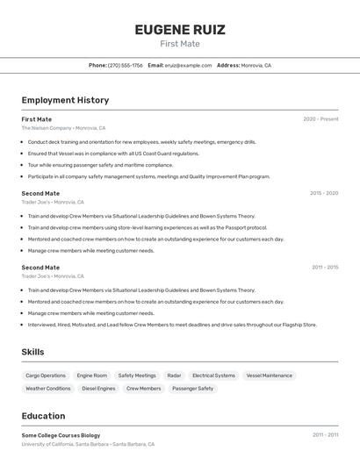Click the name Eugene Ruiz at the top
[x=180, y=30]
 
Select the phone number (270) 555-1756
[x=125, y=65]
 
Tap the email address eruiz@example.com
[x=188, y=65]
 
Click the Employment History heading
[x=65, y=100]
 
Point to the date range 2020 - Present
[x=320, y=119]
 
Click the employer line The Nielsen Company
[x=63, y=128]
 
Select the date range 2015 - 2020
[x=323, y=193]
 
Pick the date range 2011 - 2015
[x=324, y=268]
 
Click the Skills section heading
[x=33, y=352]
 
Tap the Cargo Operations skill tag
[x=46, y=376]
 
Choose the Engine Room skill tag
[x=92, y=376]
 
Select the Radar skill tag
[x=174, y=376]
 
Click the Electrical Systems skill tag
[x=213, y=376]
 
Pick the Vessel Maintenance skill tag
[x=269, y=376]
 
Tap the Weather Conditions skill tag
[x=48, y=389]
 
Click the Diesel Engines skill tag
[x=98, y=389]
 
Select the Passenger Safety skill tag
[x=192, y=389]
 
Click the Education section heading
[x=43, y=416]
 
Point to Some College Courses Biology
[x=61, y=435]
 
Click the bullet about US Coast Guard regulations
[x=113, y=154]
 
